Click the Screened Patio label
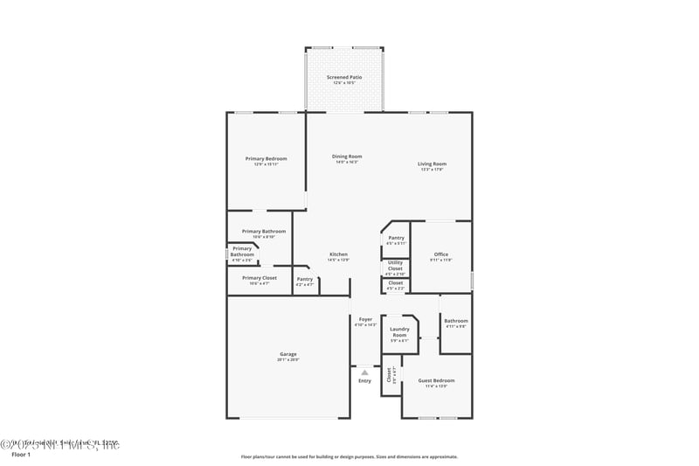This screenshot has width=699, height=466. [344, 78]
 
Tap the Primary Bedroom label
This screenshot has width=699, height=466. [266, 159]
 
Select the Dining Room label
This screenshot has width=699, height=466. [347, 156]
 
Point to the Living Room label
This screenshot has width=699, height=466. [432, 163]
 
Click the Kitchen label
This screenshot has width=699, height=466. [338, 254]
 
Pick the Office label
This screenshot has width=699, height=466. [441, 254]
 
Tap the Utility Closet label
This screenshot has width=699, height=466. [395, 266]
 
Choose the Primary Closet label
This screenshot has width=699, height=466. [260, 278]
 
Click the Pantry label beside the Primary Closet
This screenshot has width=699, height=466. [304, 279]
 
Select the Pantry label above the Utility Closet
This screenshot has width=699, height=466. [396, 238]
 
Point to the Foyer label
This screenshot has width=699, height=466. [365, 319]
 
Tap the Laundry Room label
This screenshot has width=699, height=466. [399, 333]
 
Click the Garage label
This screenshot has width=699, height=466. [288, 354]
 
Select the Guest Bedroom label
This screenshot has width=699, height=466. [437, 380]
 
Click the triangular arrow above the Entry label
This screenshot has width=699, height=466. [364, 372]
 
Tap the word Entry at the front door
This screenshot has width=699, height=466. [364, 380]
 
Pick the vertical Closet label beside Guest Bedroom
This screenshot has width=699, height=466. [390, 375]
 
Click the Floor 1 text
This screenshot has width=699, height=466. [20, 455]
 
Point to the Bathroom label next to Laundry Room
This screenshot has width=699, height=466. [455, 321]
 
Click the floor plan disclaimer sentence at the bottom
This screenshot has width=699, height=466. [349, 456]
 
